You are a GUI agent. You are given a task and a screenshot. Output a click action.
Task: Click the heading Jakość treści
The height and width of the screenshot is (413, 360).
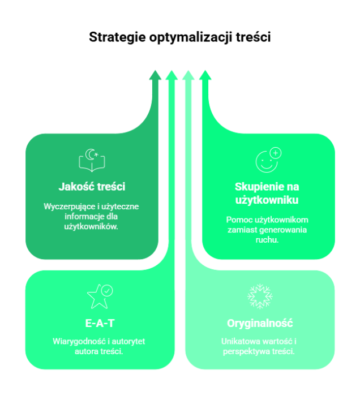[92, 186]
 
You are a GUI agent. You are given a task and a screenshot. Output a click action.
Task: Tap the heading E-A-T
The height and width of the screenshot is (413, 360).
[99, 324]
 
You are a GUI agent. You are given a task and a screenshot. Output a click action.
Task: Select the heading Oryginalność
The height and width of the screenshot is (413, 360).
[260, 324]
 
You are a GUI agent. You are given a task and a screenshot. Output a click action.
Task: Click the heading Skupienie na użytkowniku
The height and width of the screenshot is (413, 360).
[267, 193]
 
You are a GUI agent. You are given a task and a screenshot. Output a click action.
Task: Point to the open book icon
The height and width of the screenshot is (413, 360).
[92, 160]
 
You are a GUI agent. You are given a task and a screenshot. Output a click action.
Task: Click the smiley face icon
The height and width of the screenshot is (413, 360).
[268, 160]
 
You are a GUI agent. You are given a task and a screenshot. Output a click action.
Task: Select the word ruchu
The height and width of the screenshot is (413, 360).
[267, 240]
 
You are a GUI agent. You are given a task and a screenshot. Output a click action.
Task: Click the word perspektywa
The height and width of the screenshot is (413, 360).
[247, 351]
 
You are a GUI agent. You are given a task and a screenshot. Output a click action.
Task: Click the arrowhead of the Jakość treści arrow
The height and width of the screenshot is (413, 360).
[155, 75]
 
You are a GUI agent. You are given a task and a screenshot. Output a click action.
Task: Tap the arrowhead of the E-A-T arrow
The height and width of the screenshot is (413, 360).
[172, 75]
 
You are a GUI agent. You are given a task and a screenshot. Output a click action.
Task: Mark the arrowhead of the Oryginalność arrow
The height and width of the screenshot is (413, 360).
[188, 75]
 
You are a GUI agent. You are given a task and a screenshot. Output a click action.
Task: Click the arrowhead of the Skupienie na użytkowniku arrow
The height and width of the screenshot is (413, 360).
[205, 75]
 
